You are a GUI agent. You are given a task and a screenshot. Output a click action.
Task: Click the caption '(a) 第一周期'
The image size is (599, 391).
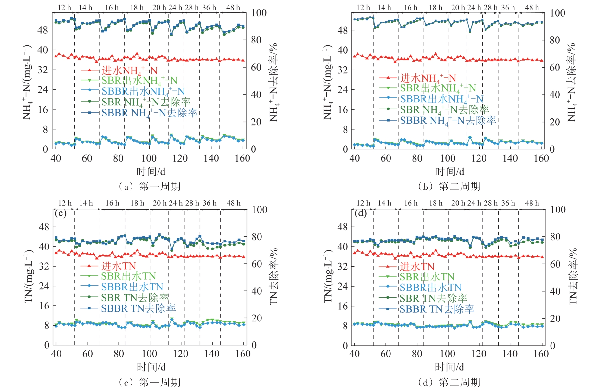pos(149,186)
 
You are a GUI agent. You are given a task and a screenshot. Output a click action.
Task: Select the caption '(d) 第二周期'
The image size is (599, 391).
pos(449,382)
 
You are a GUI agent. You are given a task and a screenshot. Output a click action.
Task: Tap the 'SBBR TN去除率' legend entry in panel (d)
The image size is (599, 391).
pos(436,309)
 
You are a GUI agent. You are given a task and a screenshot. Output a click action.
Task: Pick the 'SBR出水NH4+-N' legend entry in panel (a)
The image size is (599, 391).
pos(139,81)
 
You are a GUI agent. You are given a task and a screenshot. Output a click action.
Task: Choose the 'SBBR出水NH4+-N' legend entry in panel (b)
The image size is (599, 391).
pos(441,99)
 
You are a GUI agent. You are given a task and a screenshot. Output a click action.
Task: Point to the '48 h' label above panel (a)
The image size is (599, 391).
pos(233,8)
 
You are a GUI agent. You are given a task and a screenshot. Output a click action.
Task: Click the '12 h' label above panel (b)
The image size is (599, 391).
pos(363,8)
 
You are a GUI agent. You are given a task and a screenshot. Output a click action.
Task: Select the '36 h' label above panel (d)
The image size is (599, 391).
pos(508,203)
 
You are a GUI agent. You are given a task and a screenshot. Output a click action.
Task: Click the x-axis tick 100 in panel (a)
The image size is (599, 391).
pos(149,158)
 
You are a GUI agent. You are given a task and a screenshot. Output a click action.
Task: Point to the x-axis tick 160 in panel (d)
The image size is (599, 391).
pos(541,354)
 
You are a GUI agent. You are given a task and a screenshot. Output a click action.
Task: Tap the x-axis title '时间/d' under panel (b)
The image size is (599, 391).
pos(449,172)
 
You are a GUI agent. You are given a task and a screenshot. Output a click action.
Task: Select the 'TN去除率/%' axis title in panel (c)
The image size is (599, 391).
pos(274,276)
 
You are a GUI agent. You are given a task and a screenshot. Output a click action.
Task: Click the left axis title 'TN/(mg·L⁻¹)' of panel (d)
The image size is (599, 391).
pos(328,276)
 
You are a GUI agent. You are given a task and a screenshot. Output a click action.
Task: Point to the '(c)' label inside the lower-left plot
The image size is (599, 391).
pos(61,213)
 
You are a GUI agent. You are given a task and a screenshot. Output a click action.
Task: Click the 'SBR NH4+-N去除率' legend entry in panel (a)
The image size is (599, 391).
pos(146,102)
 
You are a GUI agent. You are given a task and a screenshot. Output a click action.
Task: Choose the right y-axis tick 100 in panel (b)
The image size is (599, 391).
pos(557,13)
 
